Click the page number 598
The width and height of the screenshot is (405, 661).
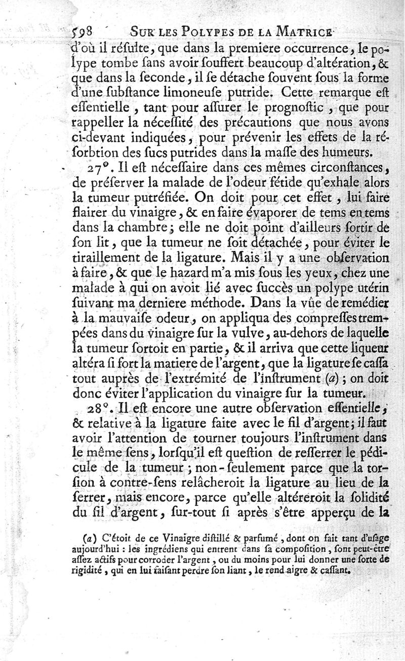point(77,32)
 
